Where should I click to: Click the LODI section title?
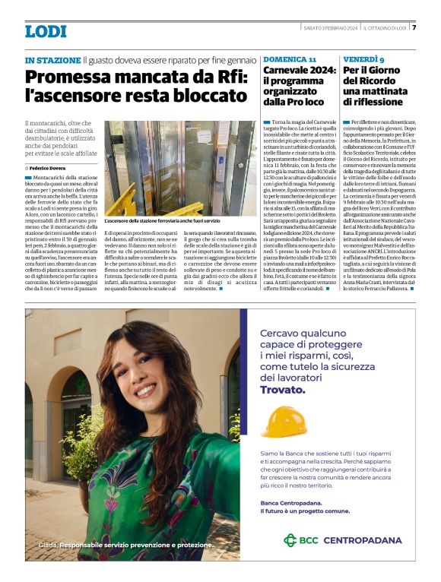pos(46,32)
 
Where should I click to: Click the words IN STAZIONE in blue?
pos(52,59)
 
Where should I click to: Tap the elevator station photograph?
pos(179,157)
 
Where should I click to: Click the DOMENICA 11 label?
pos(290,59)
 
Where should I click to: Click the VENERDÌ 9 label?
pos(363,59)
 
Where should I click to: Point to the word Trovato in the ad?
pos(278,389)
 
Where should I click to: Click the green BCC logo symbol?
pos(290,540)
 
